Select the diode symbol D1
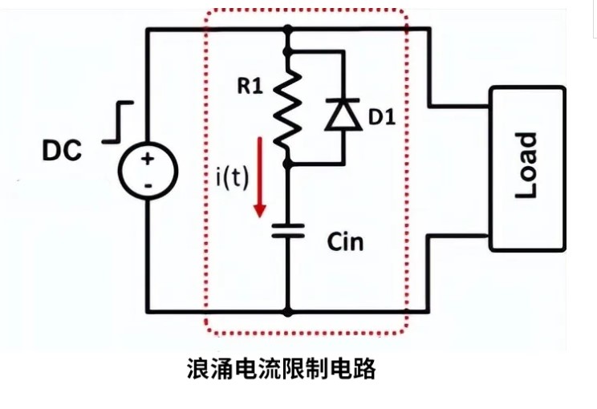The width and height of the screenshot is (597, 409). (x=343, y=114)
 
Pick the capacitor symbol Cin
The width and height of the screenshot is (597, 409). (x=287, y=231)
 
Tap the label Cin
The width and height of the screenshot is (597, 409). (x=345, y=241)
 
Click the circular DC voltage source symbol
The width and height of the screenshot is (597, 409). (x=148, y=172)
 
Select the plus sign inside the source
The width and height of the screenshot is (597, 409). (x=148, y=159)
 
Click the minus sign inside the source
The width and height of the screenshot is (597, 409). (x=148, y=186)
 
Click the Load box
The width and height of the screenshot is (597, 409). (x=527, y=167)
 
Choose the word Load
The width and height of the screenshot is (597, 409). (x=526, y=167)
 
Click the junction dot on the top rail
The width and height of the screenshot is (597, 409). (x=287, y=30)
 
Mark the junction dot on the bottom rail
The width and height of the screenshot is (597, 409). (x=287, y=310)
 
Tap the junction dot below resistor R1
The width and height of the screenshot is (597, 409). (x=287, y=162)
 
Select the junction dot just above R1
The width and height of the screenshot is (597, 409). (x=287, y=51)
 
